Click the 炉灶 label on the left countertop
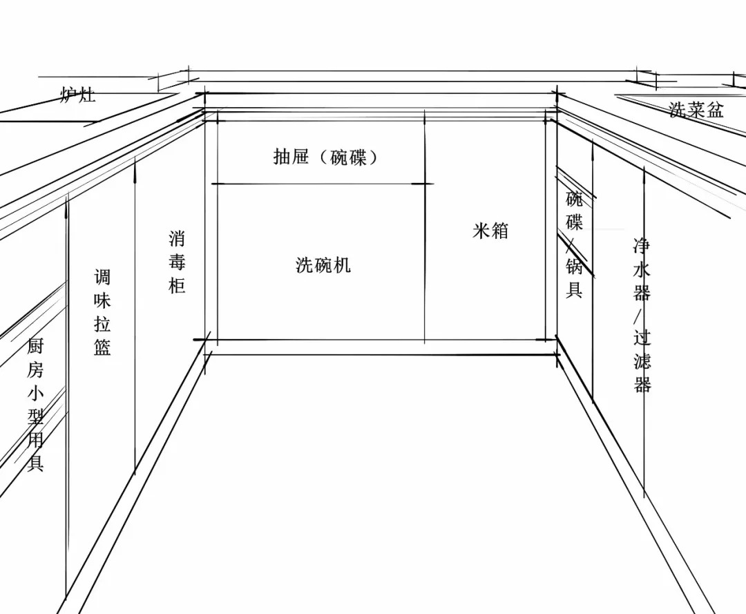point(78,95)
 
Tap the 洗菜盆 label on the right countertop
point(696,109)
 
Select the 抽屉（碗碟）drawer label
point(325,157)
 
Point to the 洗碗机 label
point(323,265)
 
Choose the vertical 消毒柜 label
point(177,262)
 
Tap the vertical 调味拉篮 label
point(102,312)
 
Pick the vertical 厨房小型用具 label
point(35,404)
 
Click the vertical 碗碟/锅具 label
point(574,244)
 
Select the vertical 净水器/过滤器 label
point(642,315)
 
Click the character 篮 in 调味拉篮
point(102,347)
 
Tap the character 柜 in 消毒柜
point(177,285)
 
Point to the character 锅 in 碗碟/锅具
point(574,267)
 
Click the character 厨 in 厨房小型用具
point(35,346)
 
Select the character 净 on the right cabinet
point(642,247)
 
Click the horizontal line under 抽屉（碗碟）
point(323,184)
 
